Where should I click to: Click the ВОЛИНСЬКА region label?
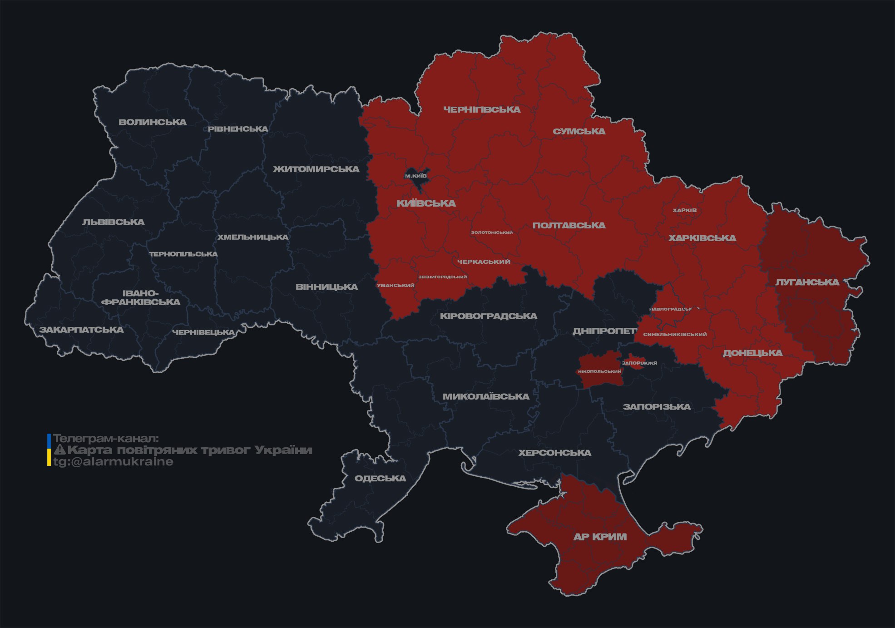[x=153, y=122]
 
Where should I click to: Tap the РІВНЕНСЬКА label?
[x=238, y=129]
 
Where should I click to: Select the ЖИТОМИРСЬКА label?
[x=316, y=169]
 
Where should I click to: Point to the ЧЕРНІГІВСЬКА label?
[x=482, y=109]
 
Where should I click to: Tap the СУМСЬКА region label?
[x=579, y=131]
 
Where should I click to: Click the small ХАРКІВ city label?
[x=684, y=210]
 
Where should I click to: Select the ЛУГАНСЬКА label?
[x=807, y=282]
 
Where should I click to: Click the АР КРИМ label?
[x=600, y=537]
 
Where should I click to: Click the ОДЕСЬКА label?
[x=380, y=478]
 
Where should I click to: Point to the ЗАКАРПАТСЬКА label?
[x=82, y=330]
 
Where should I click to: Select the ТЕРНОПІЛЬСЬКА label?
[x=183, y=254]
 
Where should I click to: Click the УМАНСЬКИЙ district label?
[x=396, y=285]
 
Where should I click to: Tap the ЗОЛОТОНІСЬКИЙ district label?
[x=492, y=232]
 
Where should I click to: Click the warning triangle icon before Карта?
[x=60, y=450]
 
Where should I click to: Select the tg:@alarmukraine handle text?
[x=113, y=462]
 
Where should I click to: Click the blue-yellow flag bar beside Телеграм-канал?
[x=49, y=450]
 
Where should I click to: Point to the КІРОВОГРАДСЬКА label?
[x=488, y=316]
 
